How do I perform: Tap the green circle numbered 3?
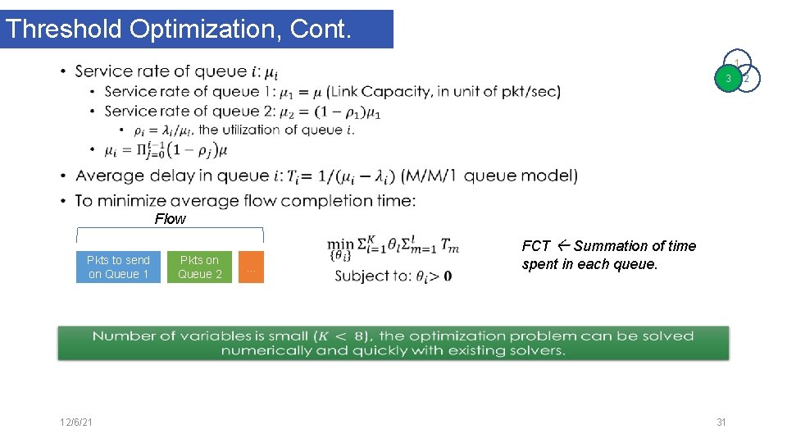click(727, 79)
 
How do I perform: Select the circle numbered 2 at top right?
click(748, 79)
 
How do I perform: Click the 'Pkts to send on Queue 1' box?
click(119, 267)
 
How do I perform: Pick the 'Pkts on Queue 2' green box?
click(200, 267)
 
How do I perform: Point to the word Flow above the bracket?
click(171, 219)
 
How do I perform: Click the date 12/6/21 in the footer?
click(75, 422)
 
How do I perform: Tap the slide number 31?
click(721, 422)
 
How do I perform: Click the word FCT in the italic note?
click(536, 246)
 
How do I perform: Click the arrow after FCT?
click(562, 245)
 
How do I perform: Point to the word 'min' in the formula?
click(340, 244)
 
